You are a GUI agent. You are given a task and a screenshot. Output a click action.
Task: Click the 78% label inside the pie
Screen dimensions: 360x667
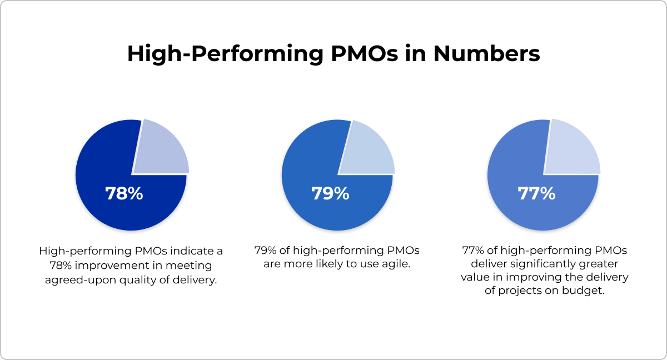click(124, 194)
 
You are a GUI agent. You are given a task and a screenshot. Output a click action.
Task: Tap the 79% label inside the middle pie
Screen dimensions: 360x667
click(330, 194)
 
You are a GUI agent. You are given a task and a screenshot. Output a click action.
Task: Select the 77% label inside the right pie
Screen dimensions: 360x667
click(536, 194)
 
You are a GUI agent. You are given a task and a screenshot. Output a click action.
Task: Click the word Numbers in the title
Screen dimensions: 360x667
click(487, 54)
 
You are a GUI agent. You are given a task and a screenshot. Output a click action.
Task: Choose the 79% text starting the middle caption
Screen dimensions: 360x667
click(265, 251)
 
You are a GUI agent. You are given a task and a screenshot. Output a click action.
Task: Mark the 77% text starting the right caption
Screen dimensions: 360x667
click(472, 251)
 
